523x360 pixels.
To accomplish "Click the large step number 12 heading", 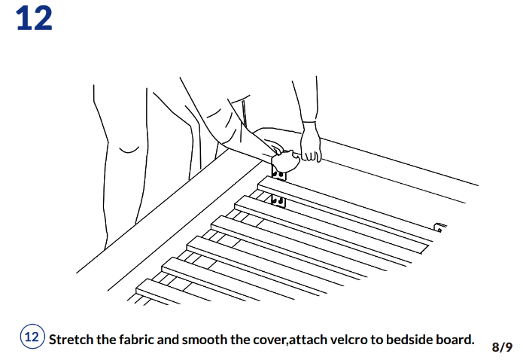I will tap(34, 19).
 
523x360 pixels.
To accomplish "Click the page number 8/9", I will tap(502, 346).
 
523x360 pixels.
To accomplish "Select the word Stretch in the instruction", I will tap(71, 339).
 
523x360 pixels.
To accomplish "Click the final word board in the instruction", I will tap(458, 339).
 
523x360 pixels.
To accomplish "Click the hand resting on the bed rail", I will tap(310, 144).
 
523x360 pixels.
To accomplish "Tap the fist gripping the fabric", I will tap(284, 159).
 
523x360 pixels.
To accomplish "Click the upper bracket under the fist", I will tap(278, 175).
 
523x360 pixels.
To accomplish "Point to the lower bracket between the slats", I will tap(278, 201).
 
